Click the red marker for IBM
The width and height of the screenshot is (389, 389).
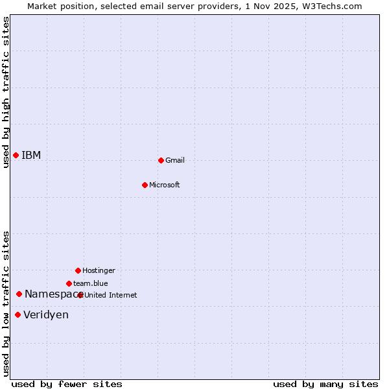point(16,155)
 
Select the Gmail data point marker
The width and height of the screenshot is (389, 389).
point(161,160)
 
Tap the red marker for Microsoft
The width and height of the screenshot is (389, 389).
point(145,185)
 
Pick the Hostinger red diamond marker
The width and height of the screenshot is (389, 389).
point(78,270)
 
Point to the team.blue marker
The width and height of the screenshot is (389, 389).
point(69,283)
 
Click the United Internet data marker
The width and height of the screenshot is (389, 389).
point(80,295)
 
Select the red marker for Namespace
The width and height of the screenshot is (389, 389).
point(19,294)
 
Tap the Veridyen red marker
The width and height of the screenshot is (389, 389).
point(18,315)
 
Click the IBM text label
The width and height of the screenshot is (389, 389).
point(31,156)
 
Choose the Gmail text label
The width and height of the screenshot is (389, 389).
point(175,161)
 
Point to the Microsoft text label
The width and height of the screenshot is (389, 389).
point(165,185)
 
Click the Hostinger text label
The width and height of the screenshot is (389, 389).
point(99,271)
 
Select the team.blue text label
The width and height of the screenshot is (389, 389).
point(91,284)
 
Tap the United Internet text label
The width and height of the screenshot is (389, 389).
point(111,296)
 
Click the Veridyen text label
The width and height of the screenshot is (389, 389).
point(46,315)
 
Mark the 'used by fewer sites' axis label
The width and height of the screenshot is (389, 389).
point(67,384)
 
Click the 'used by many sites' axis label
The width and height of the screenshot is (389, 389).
point(325,384)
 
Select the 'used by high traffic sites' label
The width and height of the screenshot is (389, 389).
point(6,92)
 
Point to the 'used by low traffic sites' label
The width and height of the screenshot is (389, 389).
point(6,303)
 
